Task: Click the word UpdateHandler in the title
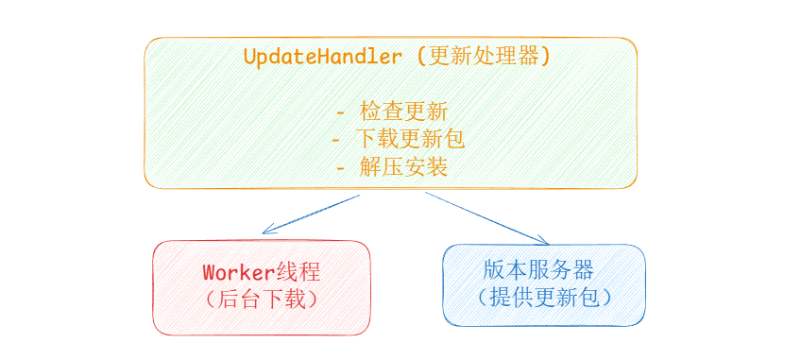point(323,57)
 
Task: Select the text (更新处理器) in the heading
point(484,57)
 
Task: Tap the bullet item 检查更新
point(403,111)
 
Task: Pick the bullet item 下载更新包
point(410,139)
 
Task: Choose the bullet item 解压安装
point(403,166)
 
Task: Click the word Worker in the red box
point(239,272)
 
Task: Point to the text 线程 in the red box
point(298,272)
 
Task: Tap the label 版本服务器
point(538,270)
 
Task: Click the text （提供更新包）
point(543,298)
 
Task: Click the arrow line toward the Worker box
point(311,214)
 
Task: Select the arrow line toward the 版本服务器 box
point(486,218)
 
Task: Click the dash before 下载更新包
point(336,140)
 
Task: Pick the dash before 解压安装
point(341,168)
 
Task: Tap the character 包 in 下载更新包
point(454,139)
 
